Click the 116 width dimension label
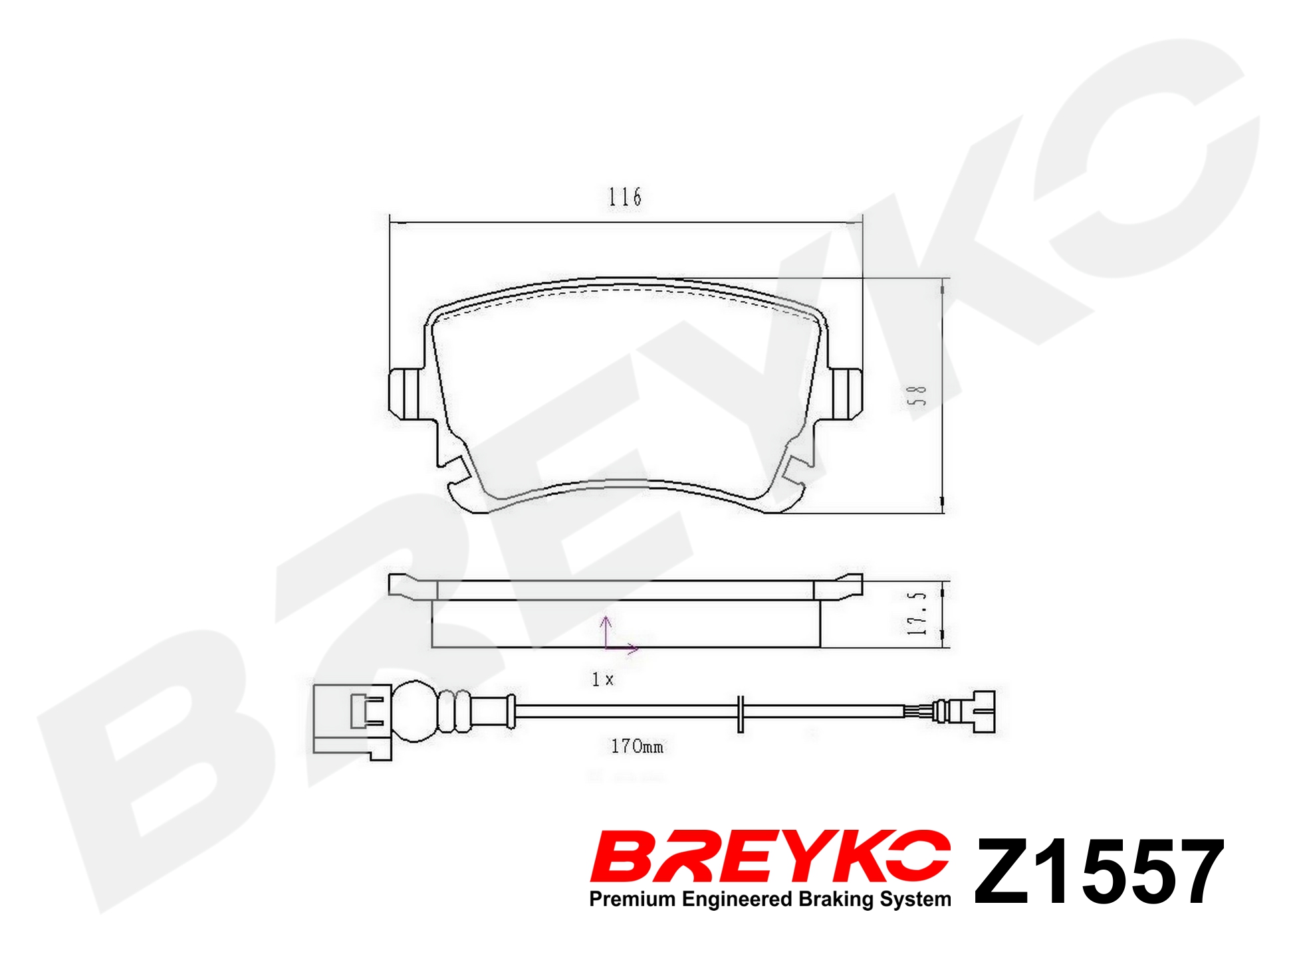pyautogui.click(x=625, y=197)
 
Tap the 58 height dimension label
pyautogui.click(x=917, y=396)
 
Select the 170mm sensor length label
pyautogui.click(x=637, y=747)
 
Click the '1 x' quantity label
pyautogui.click(x=603, y=679)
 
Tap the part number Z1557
pyautogui.click(x=1098, y=872)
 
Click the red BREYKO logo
pyautogui.click(x=770, y=855)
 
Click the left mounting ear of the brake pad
pyautogui.click(x=404, y=393)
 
